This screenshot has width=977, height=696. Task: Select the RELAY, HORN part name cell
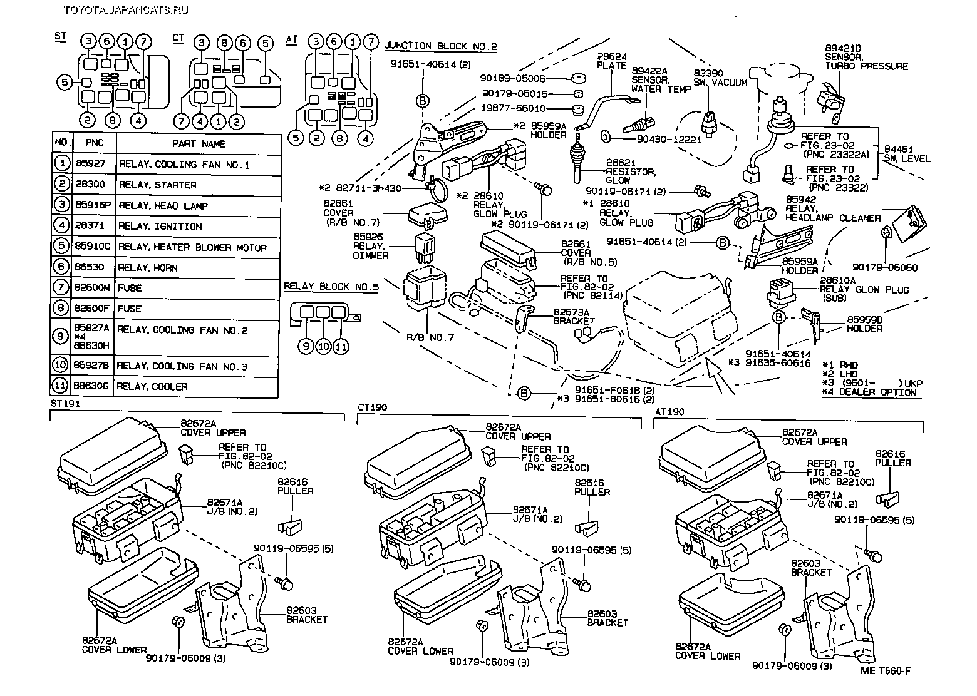pos(148,268)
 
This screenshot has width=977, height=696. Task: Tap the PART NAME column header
pos(199,144)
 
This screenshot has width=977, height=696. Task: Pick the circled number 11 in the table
pos(61,386)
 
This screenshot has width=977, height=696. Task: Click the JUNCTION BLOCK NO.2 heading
pos(440,46)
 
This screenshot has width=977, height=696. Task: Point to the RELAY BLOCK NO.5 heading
pos(331,287)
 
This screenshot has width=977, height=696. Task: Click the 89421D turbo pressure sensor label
pos(866,57)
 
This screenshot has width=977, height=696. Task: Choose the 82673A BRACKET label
pos(574,316)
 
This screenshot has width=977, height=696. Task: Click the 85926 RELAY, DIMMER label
pos(371,247)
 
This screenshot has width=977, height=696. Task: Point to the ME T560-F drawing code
pos(886,671)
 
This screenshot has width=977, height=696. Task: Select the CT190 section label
pos(372,407)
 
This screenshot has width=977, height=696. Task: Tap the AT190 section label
pos(669,412)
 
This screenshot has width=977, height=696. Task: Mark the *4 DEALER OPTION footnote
pos(869,392)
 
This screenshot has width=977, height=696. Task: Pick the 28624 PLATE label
pos(612,61)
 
